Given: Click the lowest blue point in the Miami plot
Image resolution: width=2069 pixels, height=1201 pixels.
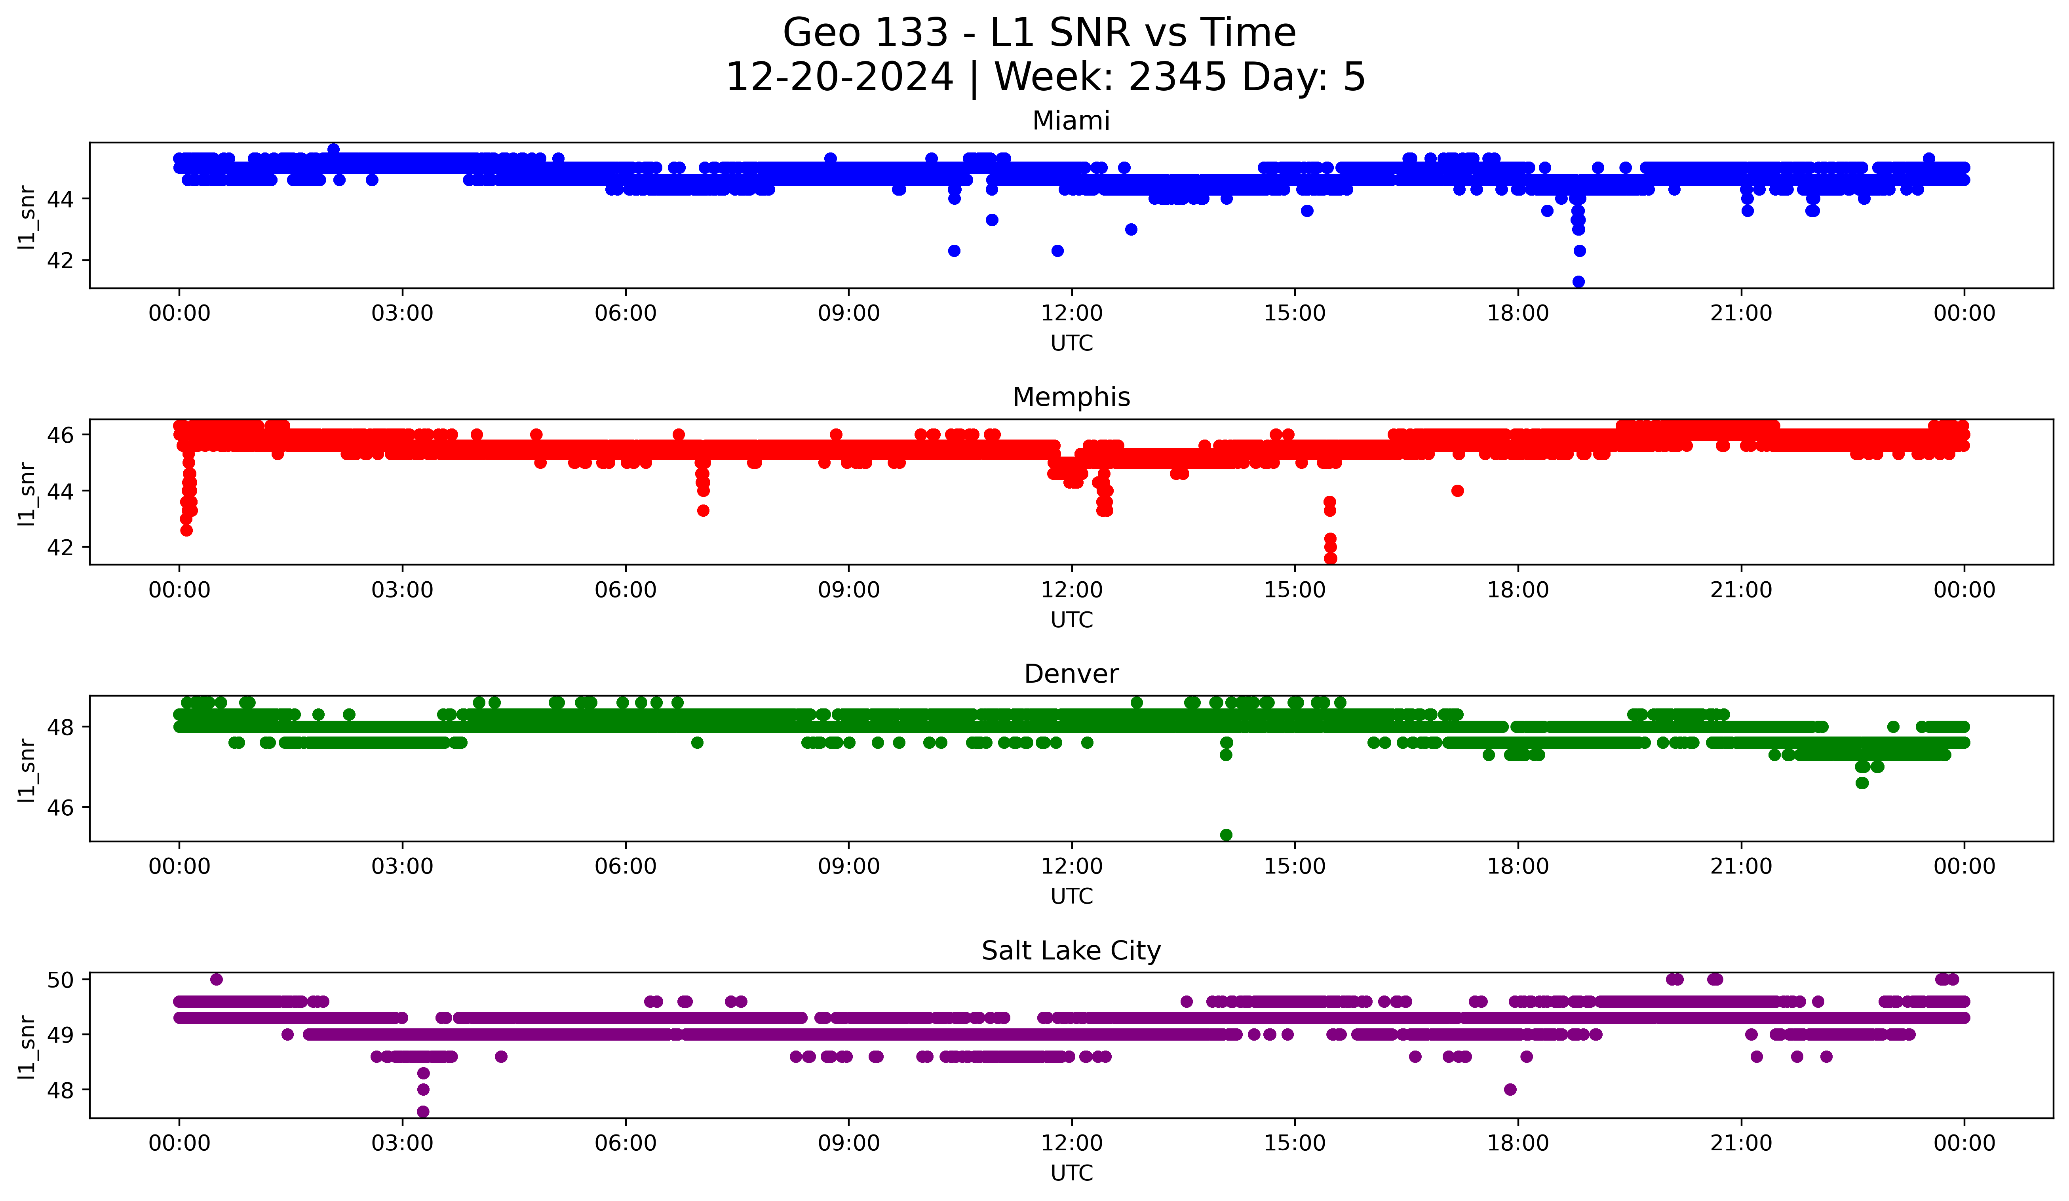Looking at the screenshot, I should point(1578,282).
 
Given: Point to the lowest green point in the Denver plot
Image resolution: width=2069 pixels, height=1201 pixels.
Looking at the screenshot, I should point(1226,835).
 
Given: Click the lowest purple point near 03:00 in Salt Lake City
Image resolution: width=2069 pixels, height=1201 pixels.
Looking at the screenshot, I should point(423,1112).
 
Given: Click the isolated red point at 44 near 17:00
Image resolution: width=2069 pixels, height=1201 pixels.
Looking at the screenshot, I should point(1457,491).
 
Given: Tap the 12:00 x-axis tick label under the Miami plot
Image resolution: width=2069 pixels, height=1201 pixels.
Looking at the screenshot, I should point(1071,314).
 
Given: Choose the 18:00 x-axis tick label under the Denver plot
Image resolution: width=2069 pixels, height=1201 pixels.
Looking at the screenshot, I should point(1518,867).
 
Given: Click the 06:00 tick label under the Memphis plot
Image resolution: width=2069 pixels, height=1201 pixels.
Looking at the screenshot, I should point(626,590).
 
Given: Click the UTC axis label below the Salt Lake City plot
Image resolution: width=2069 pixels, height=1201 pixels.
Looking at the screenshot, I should point(1071,1173).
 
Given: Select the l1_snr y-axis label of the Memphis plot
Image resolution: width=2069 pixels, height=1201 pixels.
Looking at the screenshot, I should point(27,493).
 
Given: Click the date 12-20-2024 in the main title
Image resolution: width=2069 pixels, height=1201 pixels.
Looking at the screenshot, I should point(839,77).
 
